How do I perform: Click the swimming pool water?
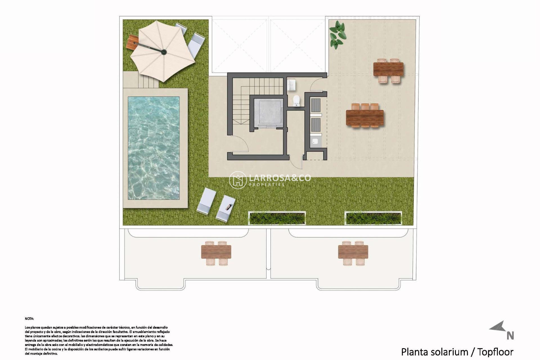154,148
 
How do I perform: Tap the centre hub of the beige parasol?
164,52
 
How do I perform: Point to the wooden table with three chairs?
365,118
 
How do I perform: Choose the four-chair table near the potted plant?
388,69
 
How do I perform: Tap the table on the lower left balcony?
216,252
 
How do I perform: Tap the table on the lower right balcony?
353,252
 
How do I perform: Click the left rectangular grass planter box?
277,218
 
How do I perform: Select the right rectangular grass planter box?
373,218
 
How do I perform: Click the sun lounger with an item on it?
226,208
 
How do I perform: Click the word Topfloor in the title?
495,352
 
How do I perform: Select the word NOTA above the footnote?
29,319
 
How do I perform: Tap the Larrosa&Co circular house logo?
238,180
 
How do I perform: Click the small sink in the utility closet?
316,141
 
